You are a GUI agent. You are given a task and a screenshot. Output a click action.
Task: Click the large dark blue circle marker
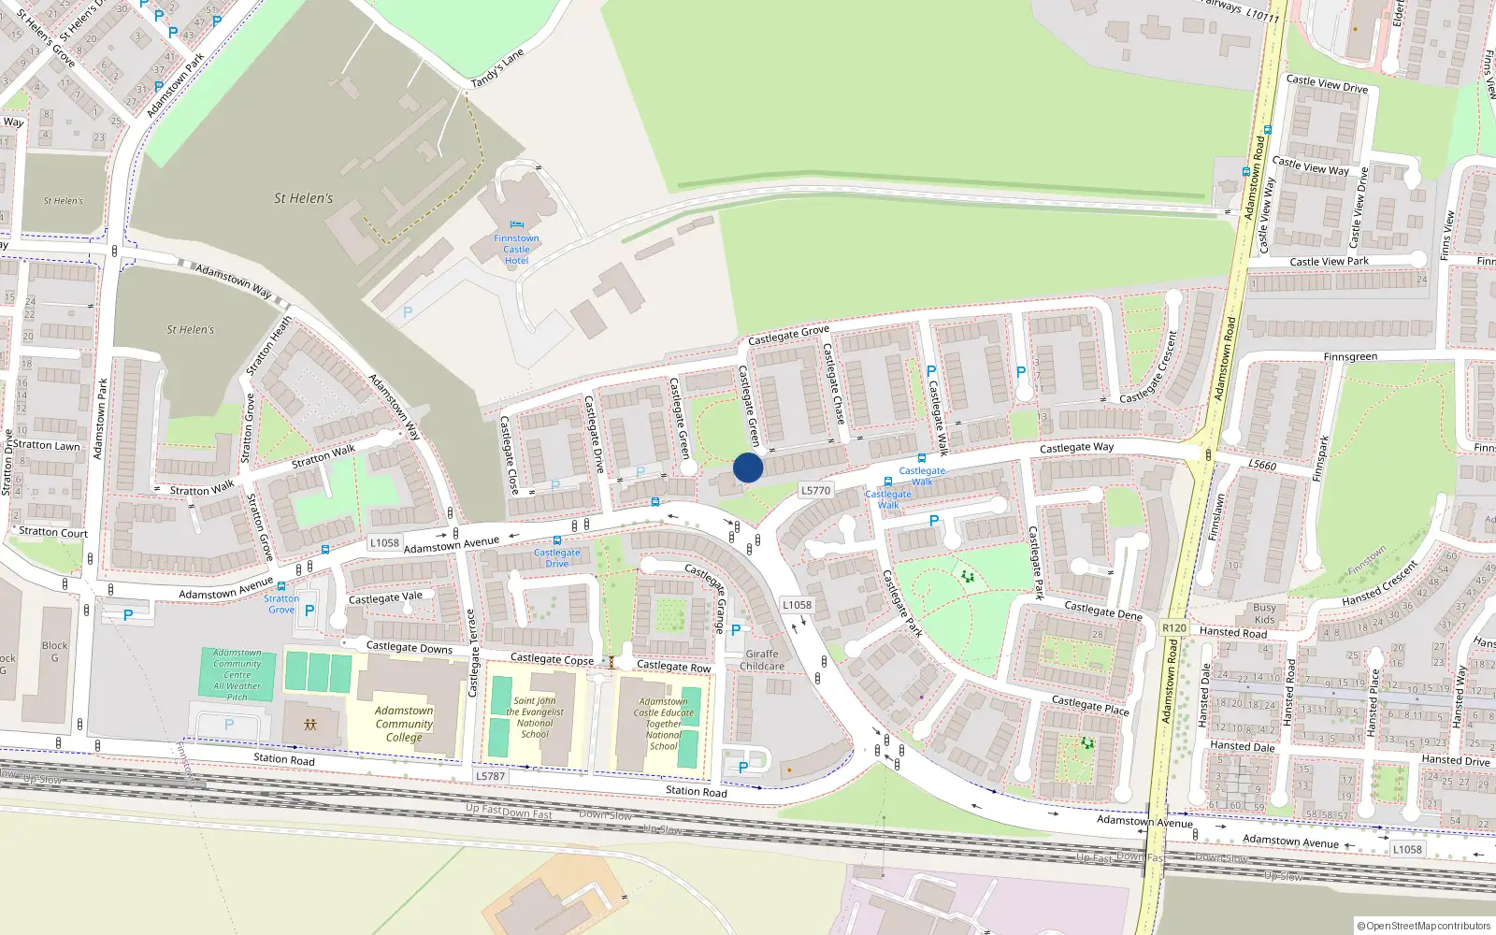point(748,467)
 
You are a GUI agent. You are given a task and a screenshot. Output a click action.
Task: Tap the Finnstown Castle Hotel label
point(516,250)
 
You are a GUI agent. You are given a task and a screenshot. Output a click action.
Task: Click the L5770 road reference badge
point(815,490)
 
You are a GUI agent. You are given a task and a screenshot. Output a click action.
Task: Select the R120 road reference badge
point(1173,628)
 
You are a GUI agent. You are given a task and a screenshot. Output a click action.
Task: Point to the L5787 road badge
point(490,776)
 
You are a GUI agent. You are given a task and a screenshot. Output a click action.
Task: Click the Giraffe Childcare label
point(762,660)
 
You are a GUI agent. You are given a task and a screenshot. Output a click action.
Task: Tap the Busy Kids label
point(1264,613)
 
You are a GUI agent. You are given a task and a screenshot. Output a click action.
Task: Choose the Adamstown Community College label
point(404,724)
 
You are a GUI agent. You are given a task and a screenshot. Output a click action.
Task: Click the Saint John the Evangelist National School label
point(535,717)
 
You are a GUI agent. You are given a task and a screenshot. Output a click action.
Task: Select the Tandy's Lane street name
point(497,69)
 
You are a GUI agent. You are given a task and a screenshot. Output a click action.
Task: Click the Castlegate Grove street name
point(788,334)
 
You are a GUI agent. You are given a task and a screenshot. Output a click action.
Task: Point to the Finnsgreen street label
point(1350,357)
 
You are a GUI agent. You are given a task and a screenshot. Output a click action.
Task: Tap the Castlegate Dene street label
point(1103,610)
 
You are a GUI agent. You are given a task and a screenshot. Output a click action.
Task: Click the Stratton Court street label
point(53,532)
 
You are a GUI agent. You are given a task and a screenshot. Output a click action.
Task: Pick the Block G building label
point(54,652)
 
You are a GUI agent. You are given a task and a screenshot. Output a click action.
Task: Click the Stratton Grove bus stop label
point(281,604)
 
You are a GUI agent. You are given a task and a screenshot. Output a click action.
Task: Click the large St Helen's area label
point(303,198)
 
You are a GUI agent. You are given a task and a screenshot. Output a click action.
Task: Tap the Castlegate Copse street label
point(552,659)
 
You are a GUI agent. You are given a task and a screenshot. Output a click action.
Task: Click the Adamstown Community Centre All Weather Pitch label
point(237,675)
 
